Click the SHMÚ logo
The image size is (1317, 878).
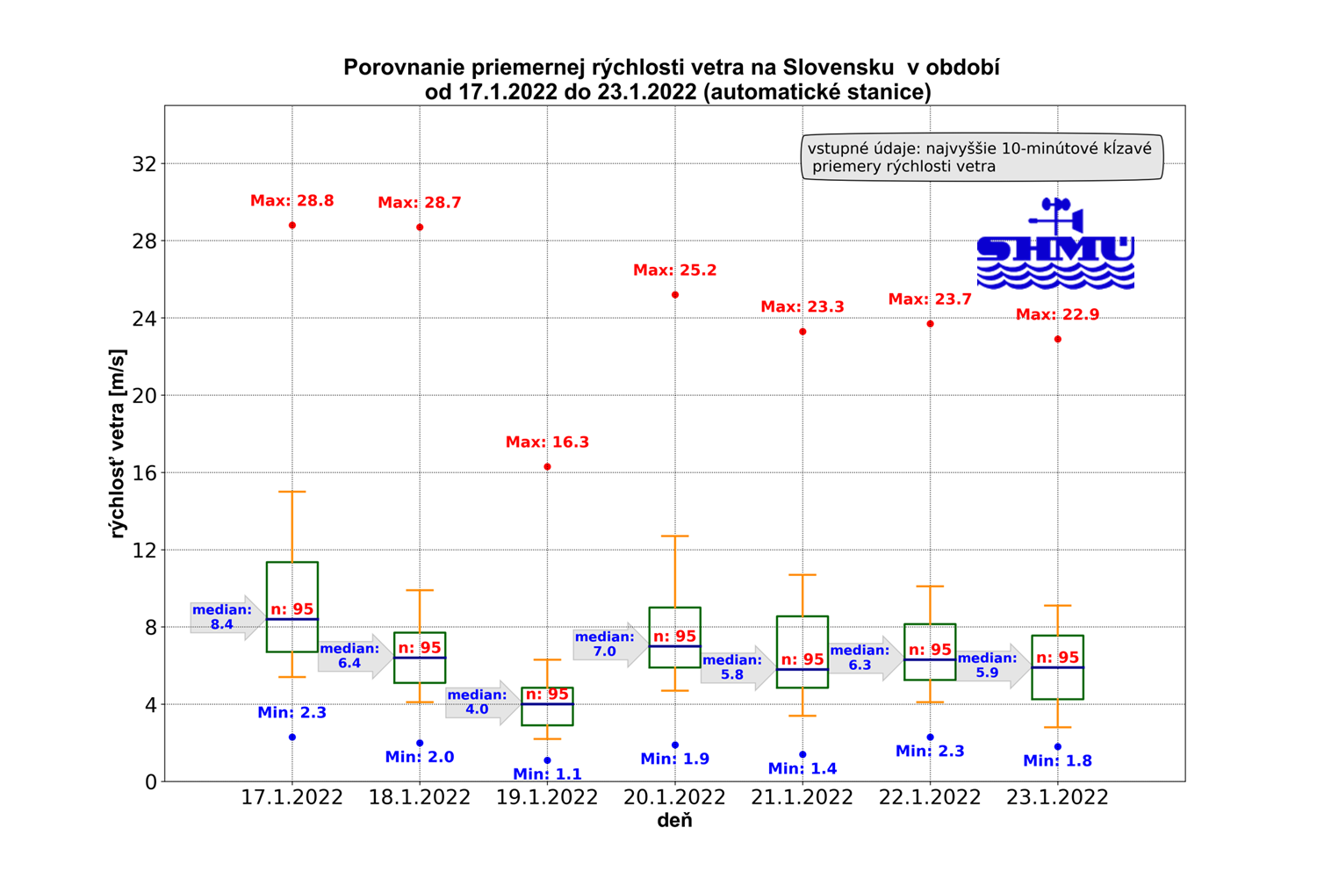tap(1055, 246)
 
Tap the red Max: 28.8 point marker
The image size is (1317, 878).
tap(292, 226)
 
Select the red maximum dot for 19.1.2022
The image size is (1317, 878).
tap(548, 467)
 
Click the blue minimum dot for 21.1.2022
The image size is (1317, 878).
tap(802, 754)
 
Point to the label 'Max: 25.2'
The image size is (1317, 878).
tap(674, 270)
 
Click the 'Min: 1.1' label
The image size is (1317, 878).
tap(547, 774)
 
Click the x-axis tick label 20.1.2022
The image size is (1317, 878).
tap(674, 797)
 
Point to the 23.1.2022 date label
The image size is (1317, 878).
tap(1057, 797)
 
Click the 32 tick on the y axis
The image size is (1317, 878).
tap(144, 164)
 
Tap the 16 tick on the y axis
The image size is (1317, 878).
tap(144, 473)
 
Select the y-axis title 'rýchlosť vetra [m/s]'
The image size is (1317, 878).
tap(118, 443)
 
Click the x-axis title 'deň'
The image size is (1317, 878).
tap(674, 821)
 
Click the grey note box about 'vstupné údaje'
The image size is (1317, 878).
tap(982, 157)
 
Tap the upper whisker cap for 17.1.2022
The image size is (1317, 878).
tap(292, 492)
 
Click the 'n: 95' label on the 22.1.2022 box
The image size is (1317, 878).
tap(930, 650)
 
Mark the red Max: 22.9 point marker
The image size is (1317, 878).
tap(1058, 339)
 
